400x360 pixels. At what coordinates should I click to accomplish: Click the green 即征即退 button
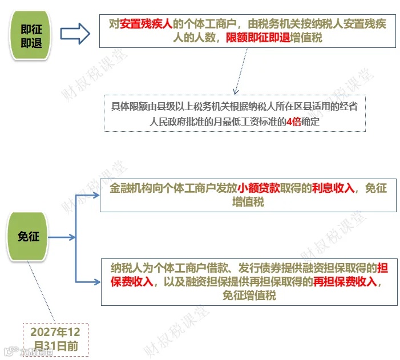pyautogui.click(x=30, y=35)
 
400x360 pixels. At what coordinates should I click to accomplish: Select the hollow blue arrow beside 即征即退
pyautogui.click(x=75, y=34)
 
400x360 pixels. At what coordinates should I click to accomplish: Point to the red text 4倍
pyautogui.click(x=293, y=121)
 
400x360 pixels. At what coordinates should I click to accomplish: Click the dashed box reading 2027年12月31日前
pyautogui.click(x=55, y=339)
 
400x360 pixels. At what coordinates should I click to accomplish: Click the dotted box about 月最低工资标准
pyautogui.click(x=234, y=114)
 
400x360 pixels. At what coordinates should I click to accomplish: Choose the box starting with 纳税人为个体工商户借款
pyautogui.click(x=248, y=281)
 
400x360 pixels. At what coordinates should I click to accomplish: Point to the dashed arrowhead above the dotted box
pyautogui.click(x=235, y=91)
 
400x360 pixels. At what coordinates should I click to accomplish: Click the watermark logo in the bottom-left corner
pyautogui.click(x=8, y=351)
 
